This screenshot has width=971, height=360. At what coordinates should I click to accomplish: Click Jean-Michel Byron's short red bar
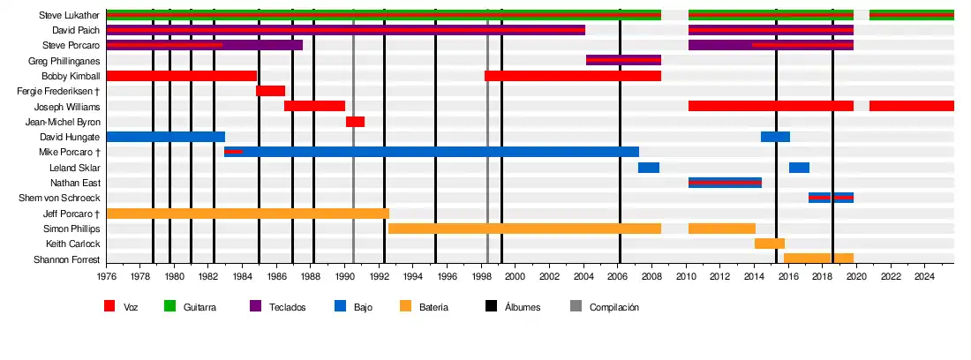tap(355, 122)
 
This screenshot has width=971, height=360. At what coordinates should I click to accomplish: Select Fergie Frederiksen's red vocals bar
tap(270, 91)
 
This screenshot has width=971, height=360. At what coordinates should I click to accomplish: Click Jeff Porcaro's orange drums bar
tap(247, 214)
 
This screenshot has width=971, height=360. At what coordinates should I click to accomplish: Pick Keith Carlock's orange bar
tap(769, 244)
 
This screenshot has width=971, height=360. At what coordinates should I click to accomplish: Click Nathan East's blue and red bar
tap(724, 183)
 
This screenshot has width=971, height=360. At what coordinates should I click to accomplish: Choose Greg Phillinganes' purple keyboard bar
tap(623, 61)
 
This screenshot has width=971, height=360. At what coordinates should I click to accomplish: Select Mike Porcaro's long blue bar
tap(433, 152)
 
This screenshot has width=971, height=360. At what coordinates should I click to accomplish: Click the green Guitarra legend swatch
tap(170, 306)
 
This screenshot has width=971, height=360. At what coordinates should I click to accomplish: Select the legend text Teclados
tap(289, 307)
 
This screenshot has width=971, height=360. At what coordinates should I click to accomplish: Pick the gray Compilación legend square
tap(576, 306)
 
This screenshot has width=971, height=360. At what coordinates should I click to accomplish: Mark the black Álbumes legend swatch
tap(491, 306)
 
